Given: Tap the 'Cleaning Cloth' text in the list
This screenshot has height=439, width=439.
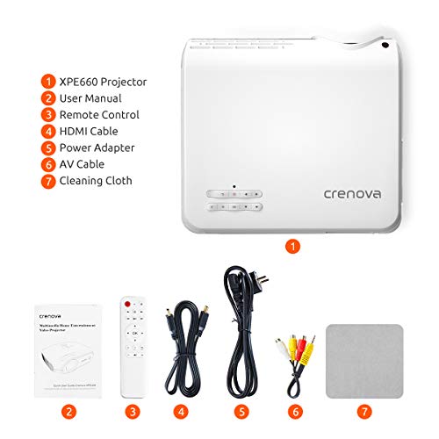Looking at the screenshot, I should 96,181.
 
